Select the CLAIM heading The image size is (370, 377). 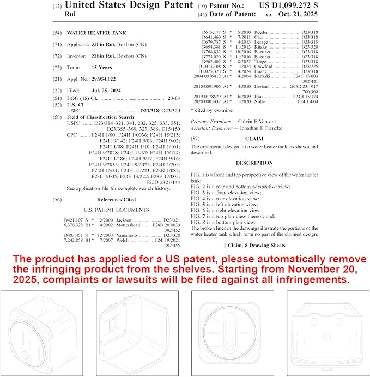(254, 139)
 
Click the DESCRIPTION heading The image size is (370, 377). (254, 163)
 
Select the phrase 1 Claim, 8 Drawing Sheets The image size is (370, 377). (254, 246)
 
